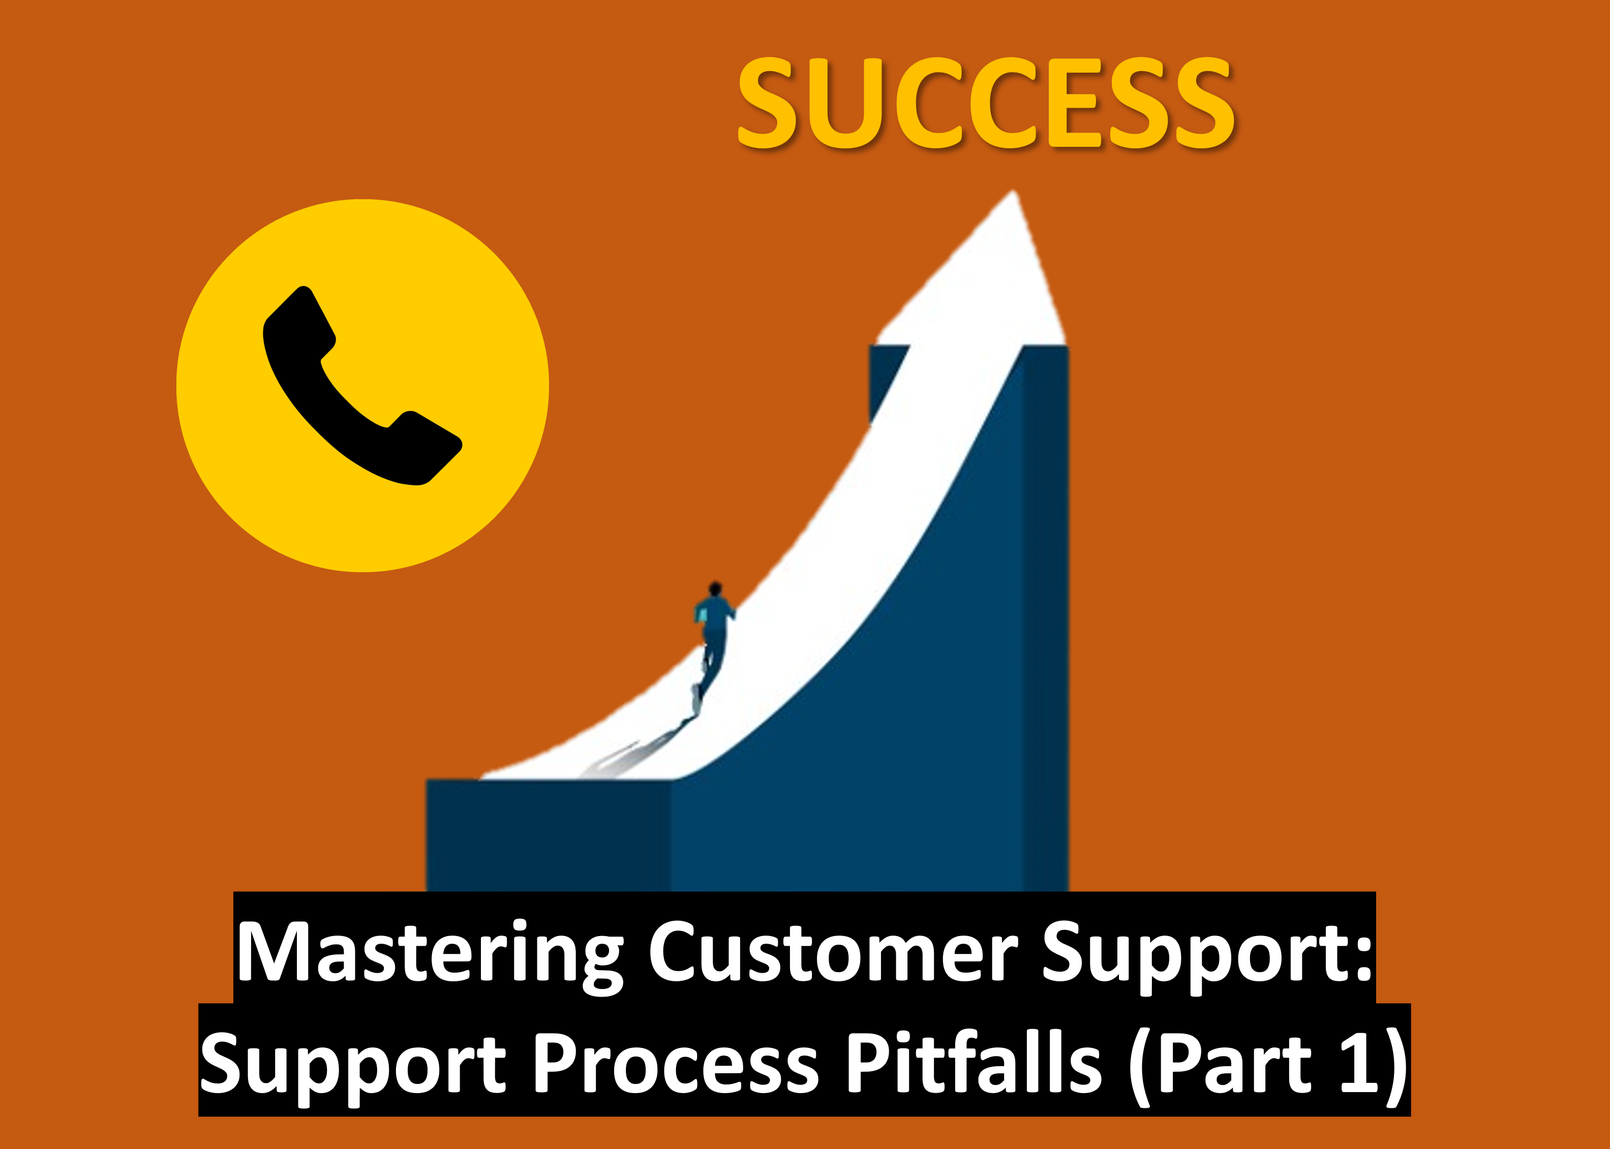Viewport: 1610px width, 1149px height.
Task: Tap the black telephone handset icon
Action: point(361,386)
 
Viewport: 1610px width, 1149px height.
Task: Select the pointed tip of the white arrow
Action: point(1014,191)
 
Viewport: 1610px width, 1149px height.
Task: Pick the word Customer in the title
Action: point(833,952)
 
